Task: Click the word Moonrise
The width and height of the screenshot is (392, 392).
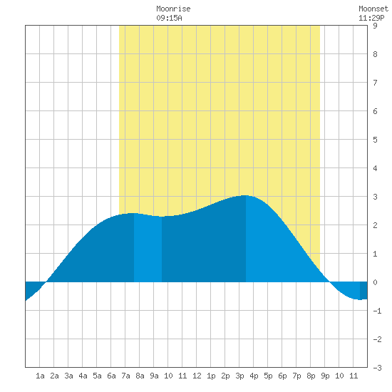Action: point(173,9)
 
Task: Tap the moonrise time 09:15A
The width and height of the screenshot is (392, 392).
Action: point(169,18)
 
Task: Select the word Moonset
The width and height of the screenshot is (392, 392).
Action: point(373,9)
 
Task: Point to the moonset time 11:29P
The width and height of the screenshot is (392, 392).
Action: point(371,18)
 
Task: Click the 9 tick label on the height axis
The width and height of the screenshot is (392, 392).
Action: point(375,26)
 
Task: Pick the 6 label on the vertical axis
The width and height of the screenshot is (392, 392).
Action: point(375,111)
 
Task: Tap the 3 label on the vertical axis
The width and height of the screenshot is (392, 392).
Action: point(375,197)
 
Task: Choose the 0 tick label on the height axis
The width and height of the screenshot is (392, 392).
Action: point(375,282)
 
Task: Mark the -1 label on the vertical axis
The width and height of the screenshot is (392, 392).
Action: point(377,311)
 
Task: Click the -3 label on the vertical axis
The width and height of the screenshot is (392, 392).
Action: point(377,368)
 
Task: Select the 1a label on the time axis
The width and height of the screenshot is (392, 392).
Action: point(40,376)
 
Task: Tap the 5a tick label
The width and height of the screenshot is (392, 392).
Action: point(97,376)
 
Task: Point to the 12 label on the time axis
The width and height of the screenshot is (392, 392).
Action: point(197,376)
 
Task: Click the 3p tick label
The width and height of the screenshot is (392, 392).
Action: point(239,376)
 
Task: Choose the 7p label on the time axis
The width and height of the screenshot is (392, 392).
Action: point(296,376)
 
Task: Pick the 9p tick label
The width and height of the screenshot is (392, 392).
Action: point(325,376)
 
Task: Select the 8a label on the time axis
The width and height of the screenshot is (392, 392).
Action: point(140,376)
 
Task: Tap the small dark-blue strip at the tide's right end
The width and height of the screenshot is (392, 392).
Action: point(363,290)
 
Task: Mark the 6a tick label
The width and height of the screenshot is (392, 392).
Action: point(111,376)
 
